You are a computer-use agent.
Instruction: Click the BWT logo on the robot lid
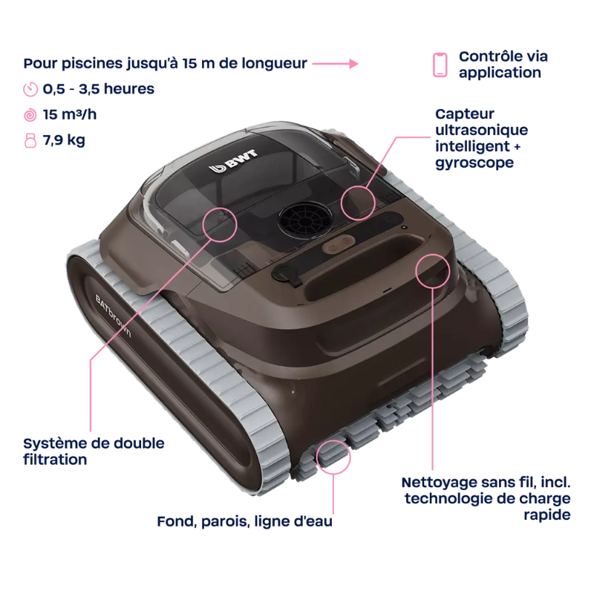234,160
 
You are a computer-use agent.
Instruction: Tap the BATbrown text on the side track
113,316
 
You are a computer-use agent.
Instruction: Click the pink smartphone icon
440,65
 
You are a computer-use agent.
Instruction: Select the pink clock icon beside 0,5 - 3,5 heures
30,89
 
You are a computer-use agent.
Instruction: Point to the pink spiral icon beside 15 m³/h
30,115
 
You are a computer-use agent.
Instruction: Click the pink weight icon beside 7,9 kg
30,140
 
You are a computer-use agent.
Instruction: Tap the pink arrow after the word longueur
336,64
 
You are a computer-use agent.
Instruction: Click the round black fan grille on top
305,219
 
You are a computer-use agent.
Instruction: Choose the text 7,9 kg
64,140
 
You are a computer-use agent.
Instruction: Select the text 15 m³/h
70,114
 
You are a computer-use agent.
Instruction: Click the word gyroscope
474,163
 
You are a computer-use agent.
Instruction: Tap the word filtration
55,460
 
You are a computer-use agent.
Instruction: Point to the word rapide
547,515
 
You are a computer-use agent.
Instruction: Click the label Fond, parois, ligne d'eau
245,522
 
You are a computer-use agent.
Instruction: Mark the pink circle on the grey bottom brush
333,457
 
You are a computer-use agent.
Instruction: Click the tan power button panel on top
339,244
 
